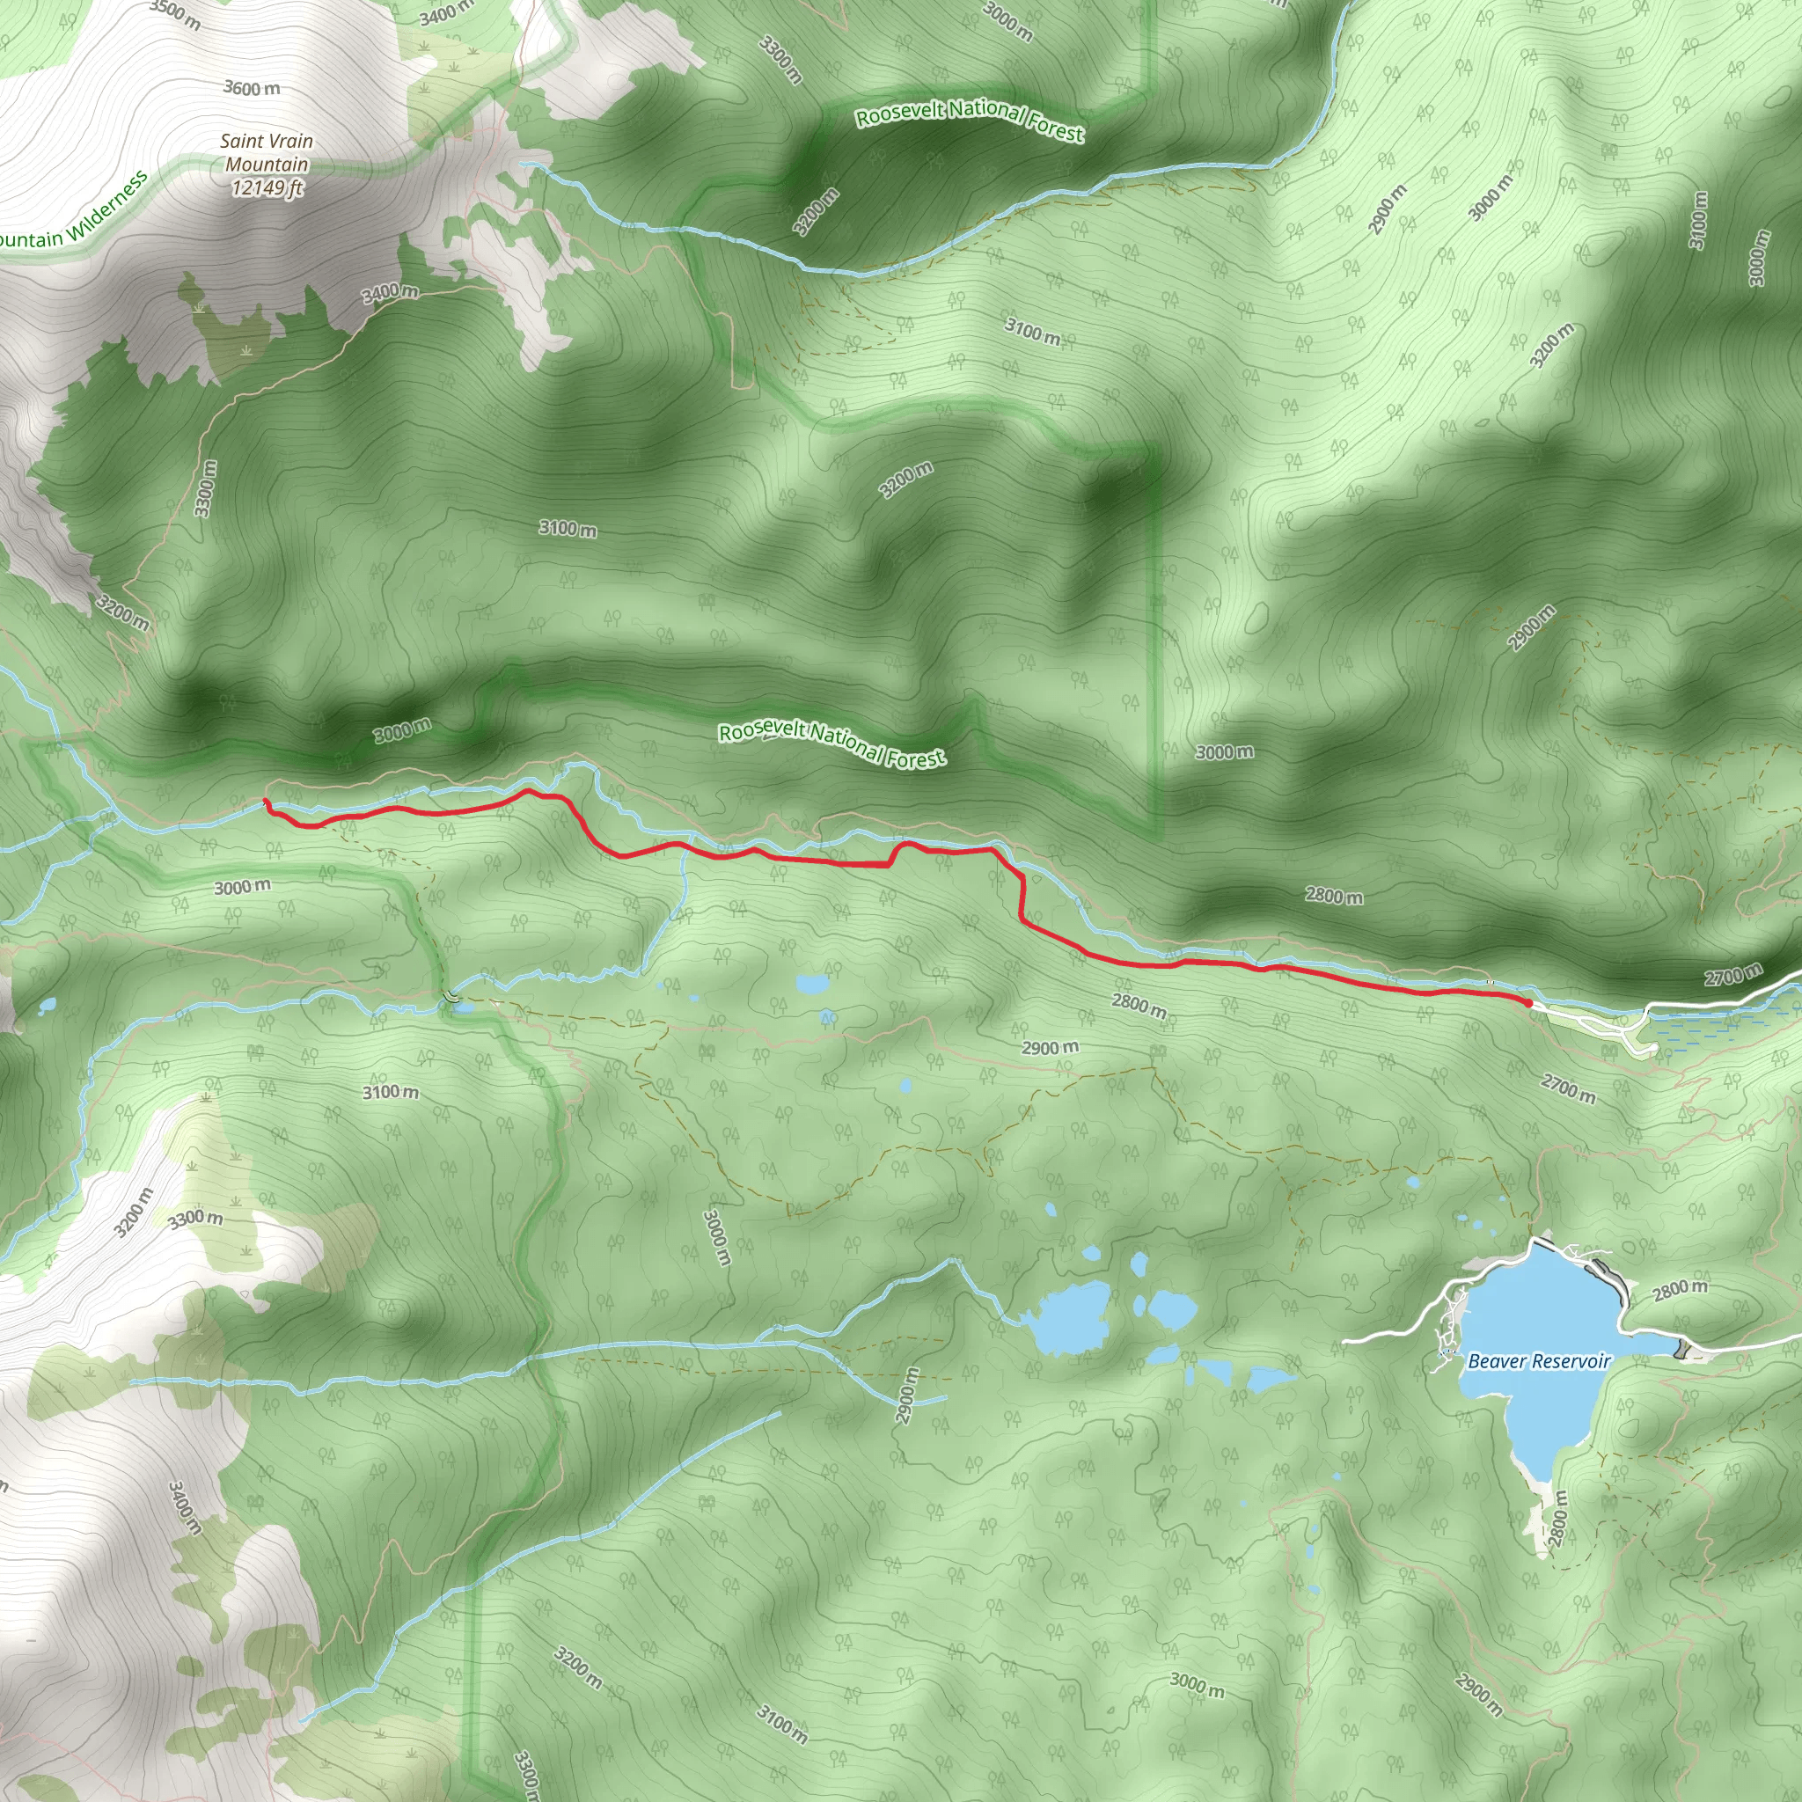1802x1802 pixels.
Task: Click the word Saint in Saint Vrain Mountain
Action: coord(240,142)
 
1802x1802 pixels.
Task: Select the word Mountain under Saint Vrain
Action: coord(267,165)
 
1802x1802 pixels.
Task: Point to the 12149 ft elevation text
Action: coord(267,188)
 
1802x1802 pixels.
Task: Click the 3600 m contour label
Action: coord(252,89)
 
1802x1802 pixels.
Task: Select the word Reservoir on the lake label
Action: coord(1571,1362)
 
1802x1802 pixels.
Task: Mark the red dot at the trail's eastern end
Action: coord(1527,1003)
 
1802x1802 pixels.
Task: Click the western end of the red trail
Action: coord(267,802)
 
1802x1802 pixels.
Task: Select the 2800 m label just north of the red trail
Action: coord(1334,897)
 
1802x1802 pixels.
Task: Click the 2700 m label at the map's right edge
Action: coord(1733,976)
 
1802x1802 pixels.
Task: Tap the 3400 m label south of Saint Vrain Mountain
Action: coord(390,293)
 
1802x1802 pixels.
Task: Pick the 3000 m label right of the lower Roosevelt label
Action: coord(1225,751)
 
